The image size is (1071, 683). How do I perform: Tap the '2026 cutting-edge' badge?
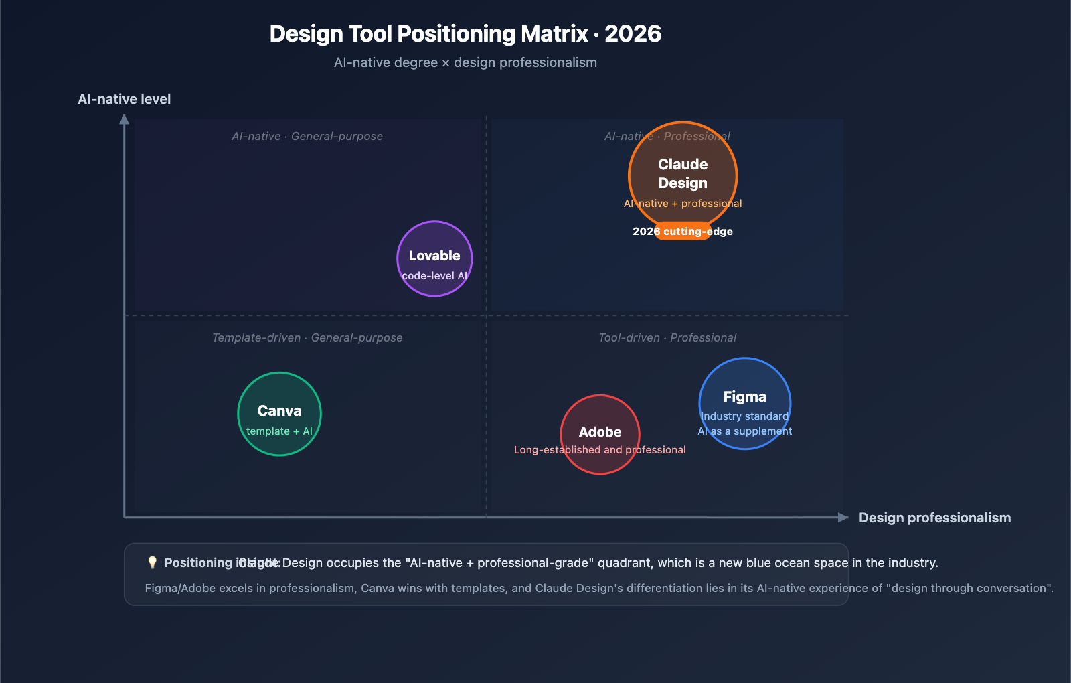(x=683, y=231)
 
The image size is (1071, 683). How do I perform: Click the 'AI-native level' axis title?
(x=125, y=99)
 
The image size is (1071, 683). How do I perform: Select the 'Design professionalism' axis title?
(x=934, y=518)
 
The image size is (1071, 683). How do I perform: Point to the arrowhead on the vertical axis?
(x=125, y=119)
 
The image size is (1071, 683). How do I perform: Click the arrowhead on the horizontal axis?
(x=843, y=517)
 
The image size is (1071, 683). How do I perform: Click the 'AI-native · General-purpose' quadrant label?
(x=307, y=136)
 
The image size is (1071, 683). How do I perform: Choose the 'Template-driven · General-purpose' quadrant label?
(x=307, y=337)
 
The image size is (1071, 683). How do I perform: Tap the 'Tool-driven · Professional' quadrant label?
(x=667, y=337)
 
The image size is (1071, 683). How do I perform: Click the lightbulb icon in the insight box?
(x=152, y=562)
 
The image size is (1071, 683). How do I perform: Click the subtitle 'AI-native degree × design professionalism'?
(x=465, y=62)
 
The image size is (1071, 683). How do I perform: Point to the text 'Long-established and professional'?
(x=600, y=450)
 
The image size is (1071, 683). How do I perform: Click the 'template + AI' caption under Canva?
(x=279, y=431)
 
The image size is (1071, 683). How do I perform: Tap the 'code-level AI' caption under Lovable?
(x=434, y=276)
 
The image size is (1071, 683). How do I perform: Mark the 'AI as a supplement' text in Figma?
(x=744, y=431)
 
